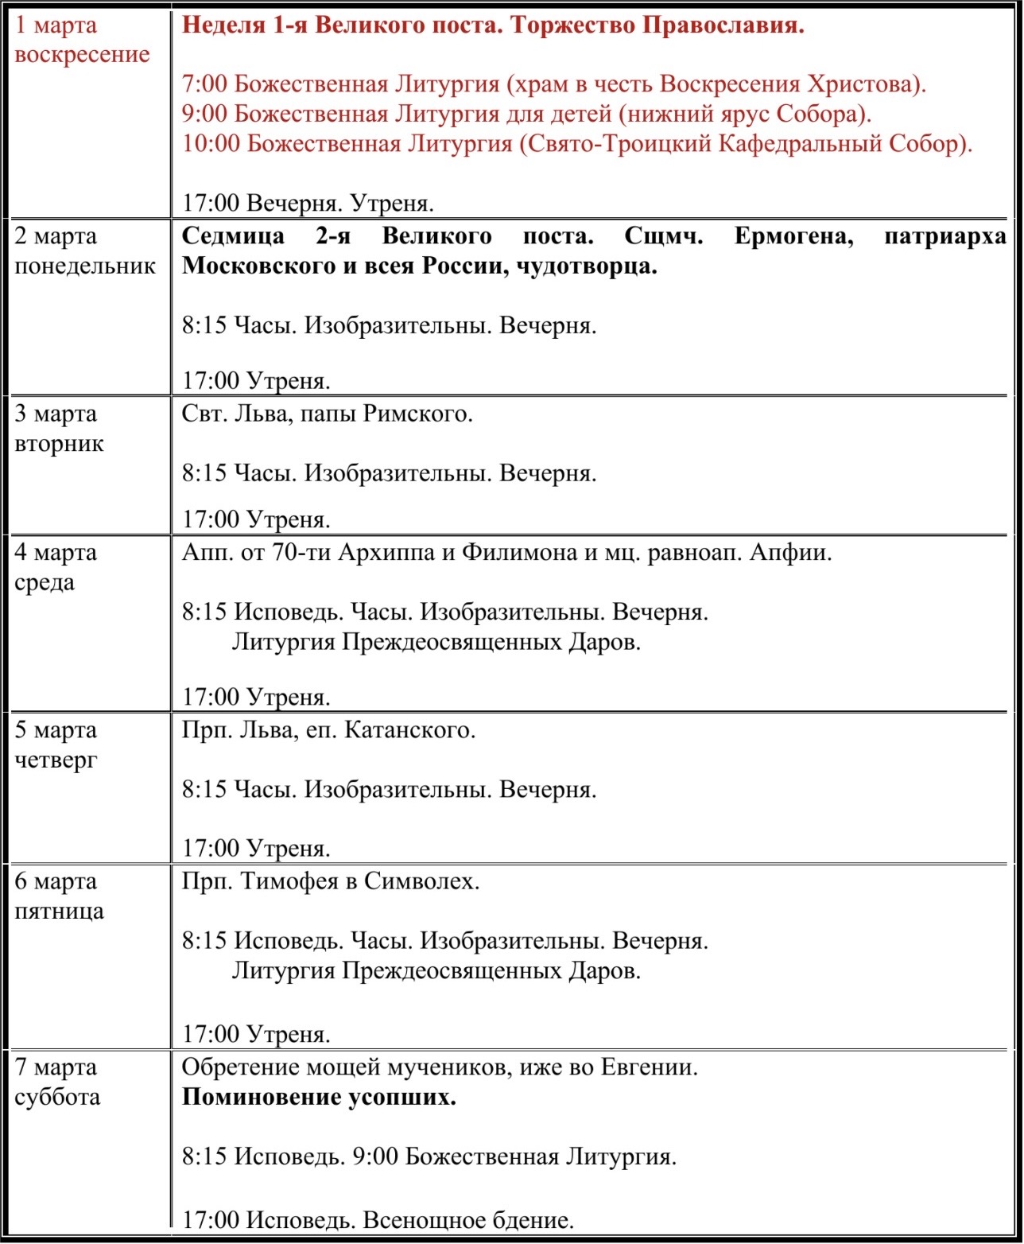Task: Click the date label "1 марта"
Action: pyautogui.click(x=56, y=25)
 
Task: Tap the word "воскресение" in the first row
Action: pyautogui.click(x=82, y=55)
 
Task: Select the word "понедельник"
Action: pyautogui.click(x=85, y=266)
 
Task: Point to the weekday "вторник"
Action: pyautogui.click(x=59, y=443)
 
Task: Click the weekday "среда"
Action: pyautogui.click(x=45, y=581)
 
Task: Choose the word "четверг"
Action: pyautogui.click(x=56, y=760)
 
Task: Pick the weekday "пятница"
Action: pyautogui.click(x=59, y=911)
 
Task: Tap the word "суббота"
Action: pyautogui.click(x=57, y=1097)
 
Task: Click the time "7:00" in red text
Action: pyautogui.click(x=205, y=84)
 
